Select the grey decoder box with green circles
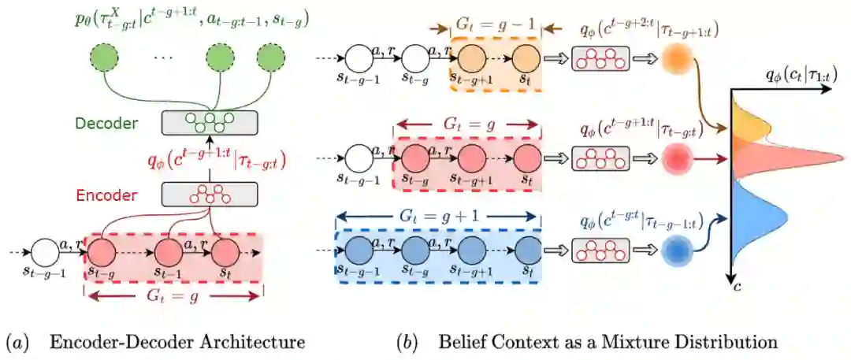(209, 123)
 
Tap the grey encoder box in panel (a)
(209, 193)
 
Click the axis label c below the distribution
(738, 288)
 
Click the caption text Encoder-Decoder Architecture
(177, 343)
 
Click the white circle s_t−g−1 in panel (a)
(47, 252)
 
